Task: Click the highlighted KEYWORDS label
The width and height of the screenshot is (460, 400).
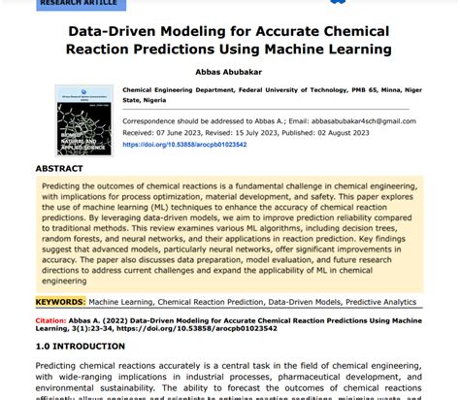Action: [x=61, y=303]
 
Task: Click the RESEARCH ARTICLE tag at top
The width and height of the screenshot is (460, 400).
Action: [x=74, y=3]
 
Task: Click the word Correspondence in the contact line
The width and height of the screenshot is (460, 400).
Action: [x=152, y=121]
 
